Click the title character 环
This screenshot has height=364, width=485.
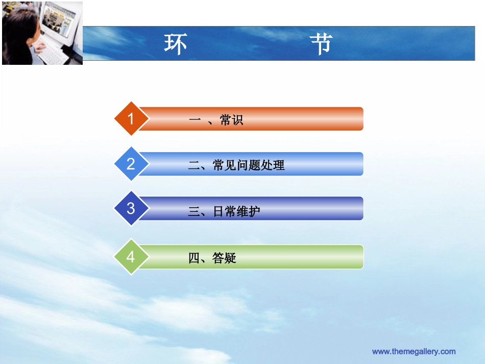[175, 44]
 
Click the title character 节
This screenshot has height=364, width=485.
[321, 44]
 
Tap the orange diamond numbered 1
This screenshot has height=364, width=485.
[131, 119]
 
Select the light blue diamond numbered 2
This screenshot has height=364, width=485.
[131, 164]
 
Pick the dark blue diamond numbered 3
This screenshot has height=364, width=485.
[131, 208]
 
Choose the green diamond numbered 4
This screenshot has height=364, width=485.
[131, 257]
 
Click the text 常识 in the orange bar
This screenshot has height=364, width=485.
[231, 120]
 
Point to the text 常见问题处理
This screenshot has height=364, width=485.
[248, 165]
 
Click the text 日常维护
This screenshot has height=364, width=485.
[236, 211]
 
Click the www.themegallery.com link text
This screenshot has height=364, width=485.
[414, 351]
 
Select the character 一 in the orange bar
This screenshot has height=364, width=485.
[194, 120]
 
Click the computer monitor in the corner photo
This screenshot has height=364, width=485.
[61, 22]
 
